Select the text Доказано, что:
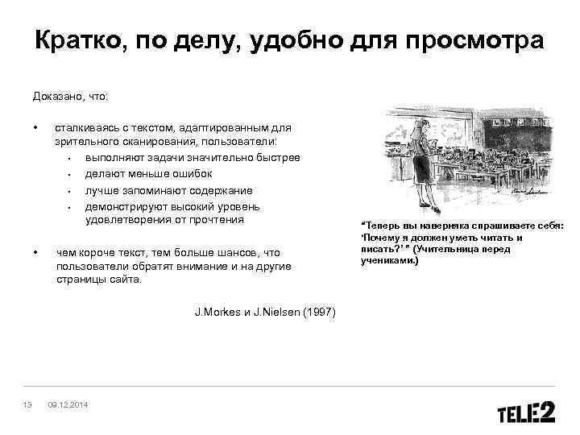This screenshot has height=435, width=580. (70, 97)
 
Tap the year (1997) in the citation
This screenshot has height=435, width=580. (320, 312)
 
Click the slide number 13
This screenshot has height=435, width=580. (28, 404)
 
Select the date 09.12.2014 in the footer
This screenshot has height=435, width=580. (68, 404)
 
